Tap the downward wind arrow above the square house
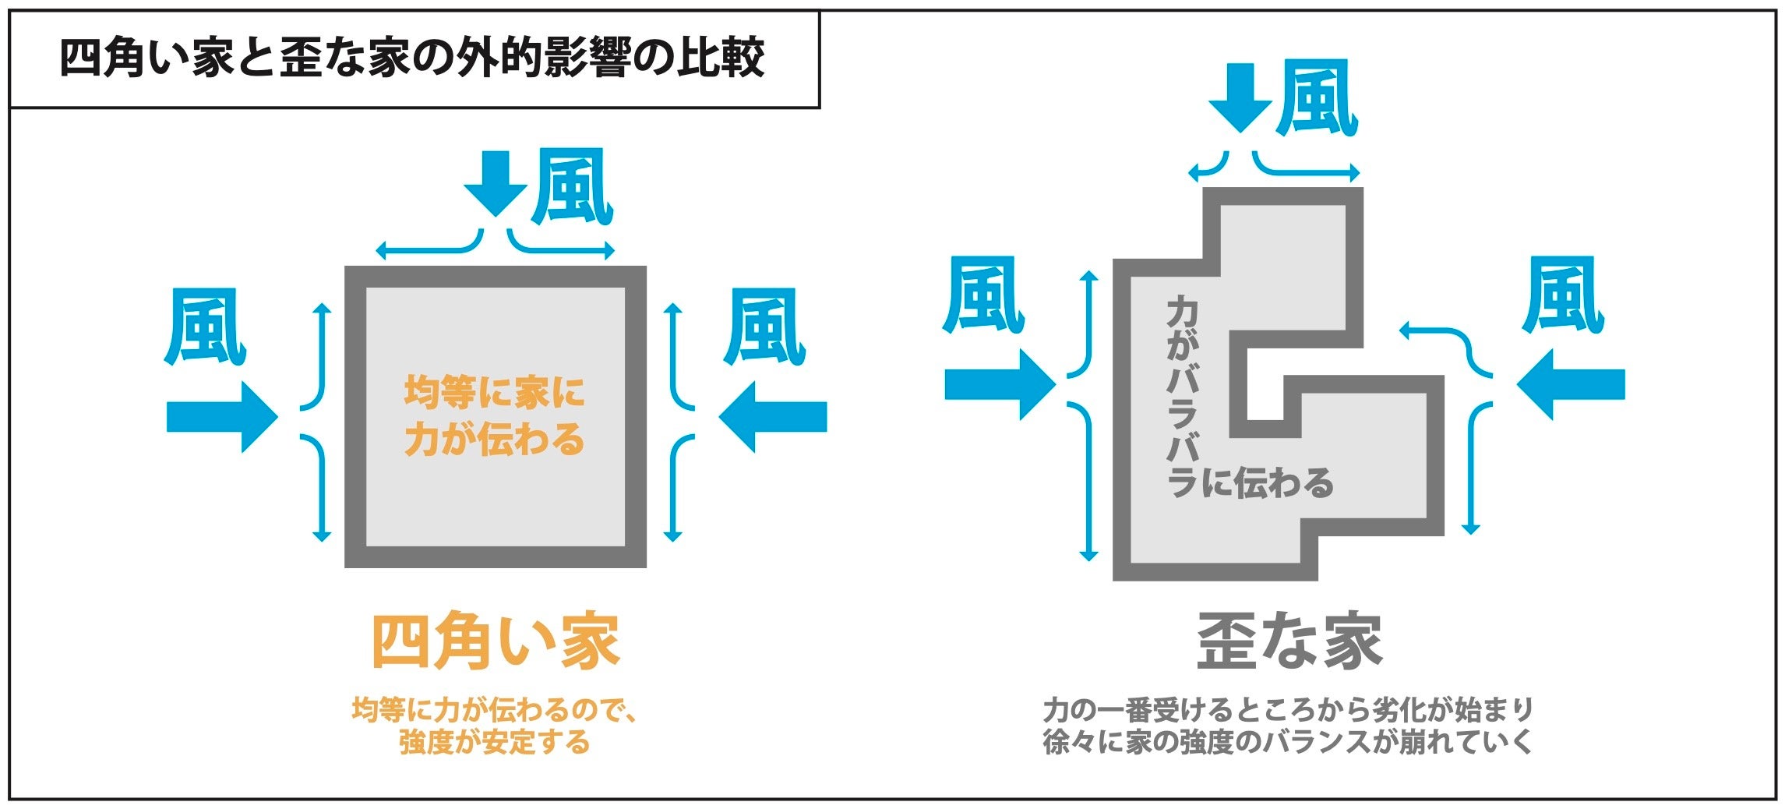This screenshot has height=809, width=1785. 496,183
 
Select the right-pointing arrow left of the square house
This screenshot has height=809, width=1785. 222,417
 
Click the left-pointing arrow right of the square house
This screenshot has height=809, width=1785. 772,417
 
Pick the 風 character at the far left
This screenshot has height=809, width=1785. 205,327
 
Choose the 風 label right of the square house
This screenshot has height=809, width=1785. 764,327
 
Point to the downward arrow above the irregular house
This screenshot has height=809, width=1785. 1240,97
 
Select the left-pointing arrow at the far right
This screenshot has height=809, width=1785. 1572,385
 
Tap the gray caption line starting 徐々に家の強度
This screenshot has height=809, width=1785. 1288,742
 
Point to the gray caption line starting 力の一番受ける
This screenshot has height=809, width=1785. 1288,710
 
